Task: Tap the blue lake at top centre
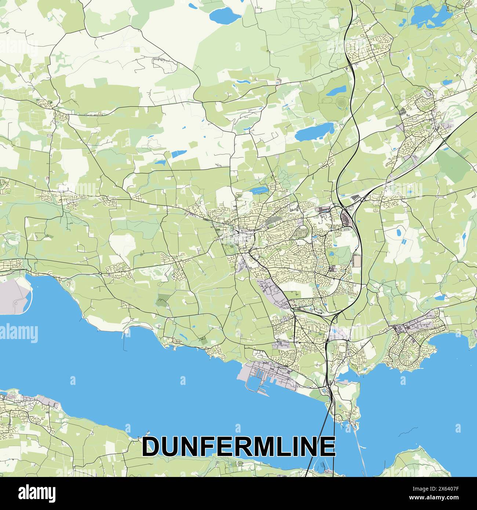225,15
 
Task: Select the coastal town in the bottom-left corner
22,407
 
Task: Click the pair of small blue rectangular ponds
403,241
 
